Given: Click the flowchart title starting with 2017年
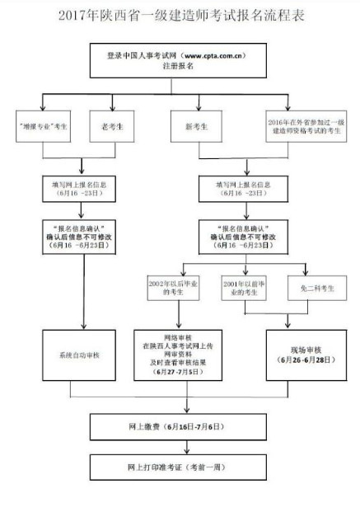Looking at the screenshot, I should pos(180,16).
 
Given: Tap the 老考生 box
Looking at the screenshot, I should pos(110,129).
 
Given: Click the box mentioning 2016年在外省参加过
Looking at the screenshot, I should pos(308,129).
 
